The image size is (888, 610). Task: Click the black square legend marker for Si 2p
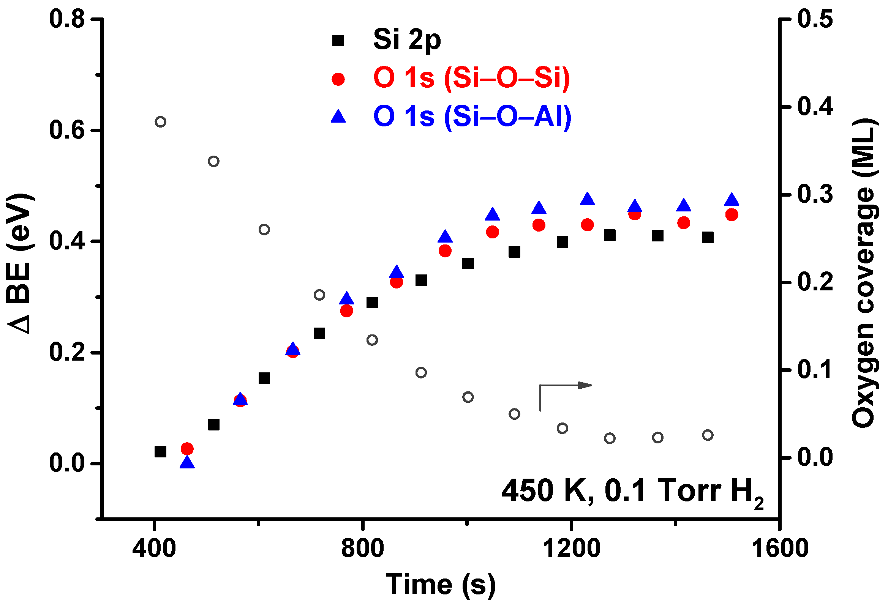pyautogui.click(x=338, y=41)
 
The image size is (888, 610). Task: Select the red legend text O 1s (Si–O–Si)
pyautogui.click(x=471, y=78)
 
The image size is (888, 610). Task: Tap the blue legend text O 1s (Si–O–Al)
pyautogui.click(x=472, y=116)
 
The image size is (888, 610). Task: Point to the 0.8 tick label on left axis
pyautogui.click(x=67, y=19)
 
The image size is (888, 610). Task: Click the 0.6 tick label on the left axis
pyautogui.click(x=67, y=130)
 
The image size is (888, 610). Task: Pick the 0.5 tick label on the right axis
pyautogui.click(x=815, y=19)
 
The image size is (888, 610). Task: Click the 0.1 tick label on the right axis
pyautogui.click(x=815, y=370)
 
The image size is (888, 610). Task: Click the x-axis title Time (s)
pyautogui.click(x=441, y=585)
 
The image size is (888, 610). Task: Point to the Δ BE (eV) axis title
pyautogui.click(x=19, y=264)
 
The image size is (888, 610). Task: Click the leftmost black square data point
pyautogui.click(x=160, y=452)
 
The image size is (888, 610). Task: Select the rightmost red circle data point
pyautogui.click(x=732, y=215)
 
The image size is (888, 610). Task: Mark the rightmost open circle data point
pyautogui.click(x=708, y=435)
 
